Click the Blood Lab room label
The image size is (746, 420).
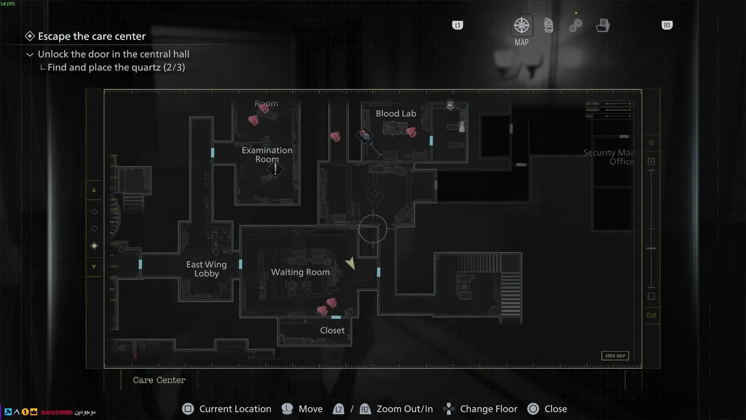(x=396, y=114)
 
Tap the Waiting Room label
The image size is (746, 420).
(x=300, y=272)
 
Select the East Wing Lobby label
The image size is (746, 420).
(x=206, y=269)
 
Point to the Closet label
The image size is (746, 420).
(x=332, y=330)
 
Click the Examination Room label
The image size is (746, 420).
(x=267, y=155)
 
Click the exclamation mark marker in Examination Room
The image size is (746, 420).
(x=275, y=169)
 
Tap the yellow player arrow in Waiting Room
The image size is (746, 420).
(x=350, y=264)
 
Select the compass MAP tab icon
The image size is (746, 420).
(x=521, y=26)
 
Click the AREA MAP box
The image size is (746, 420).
(x=615, y=356)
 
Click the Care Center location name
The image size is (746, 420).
(x=159, y=380)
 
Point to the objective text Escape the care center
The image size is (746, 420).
(x=92, y=36)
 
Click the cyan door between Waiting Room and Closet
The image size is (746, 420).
(x=336, y=317)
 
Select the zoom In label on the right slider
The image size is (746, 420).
(x=651, y=143)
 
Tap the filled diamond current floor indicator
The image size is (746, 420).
(x=94, y=246)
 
